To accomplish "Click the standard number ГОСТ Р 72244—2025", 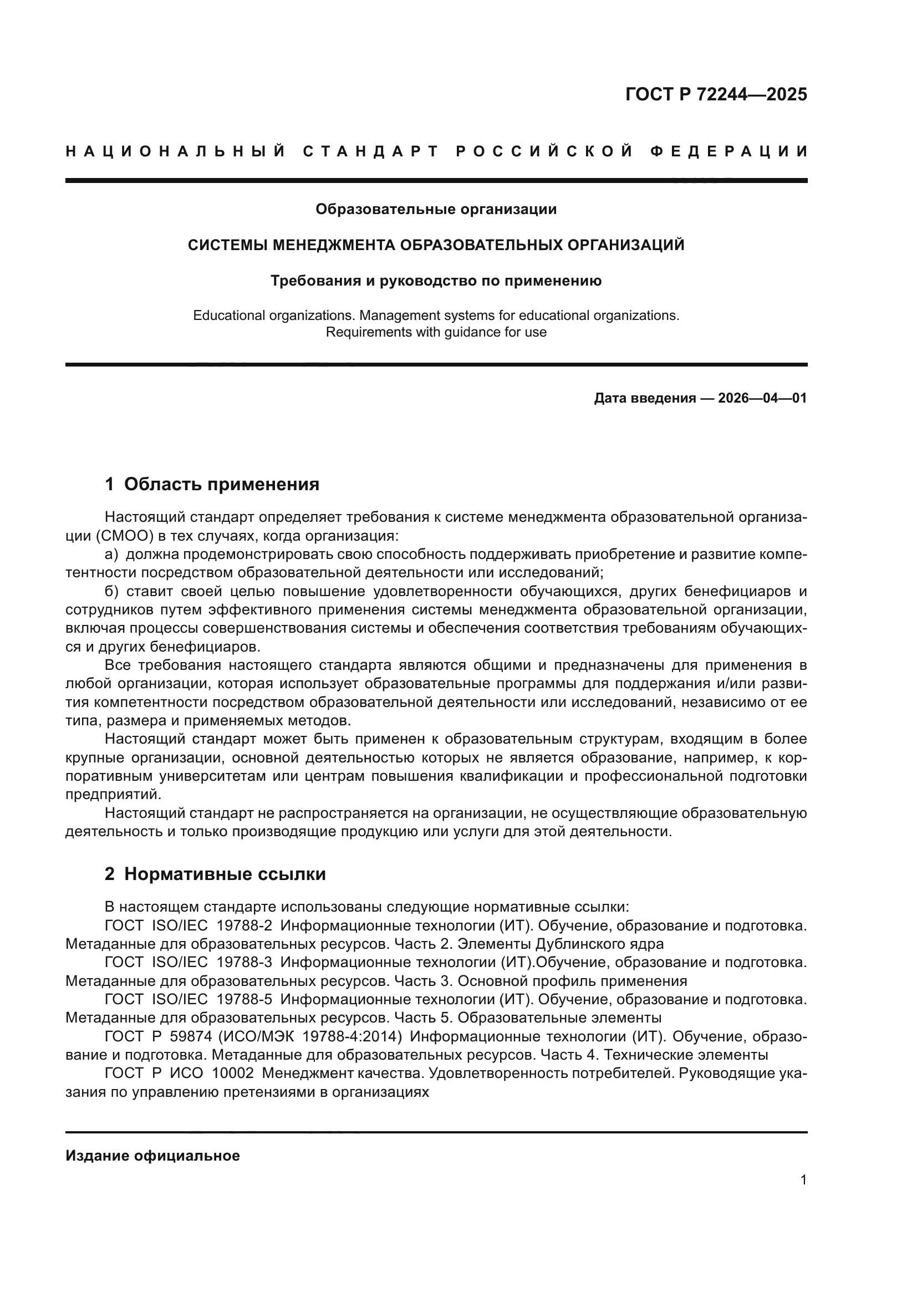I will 715,94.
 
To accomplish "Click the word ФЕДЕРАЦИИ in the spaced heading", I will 728,151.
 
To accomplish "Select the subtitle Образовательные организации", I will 436,210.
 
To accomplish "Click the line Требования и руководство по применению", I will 436,281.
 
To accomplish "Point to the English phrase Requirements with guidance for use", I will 436,332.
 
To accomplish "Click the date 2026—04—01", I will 762,398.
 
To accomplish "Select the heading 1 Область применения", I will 212,484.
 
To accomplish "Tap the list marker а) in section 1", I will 111,554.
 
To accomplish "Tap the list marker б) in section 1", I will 111,592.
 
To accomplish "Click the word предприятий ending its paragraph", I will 113,794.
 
